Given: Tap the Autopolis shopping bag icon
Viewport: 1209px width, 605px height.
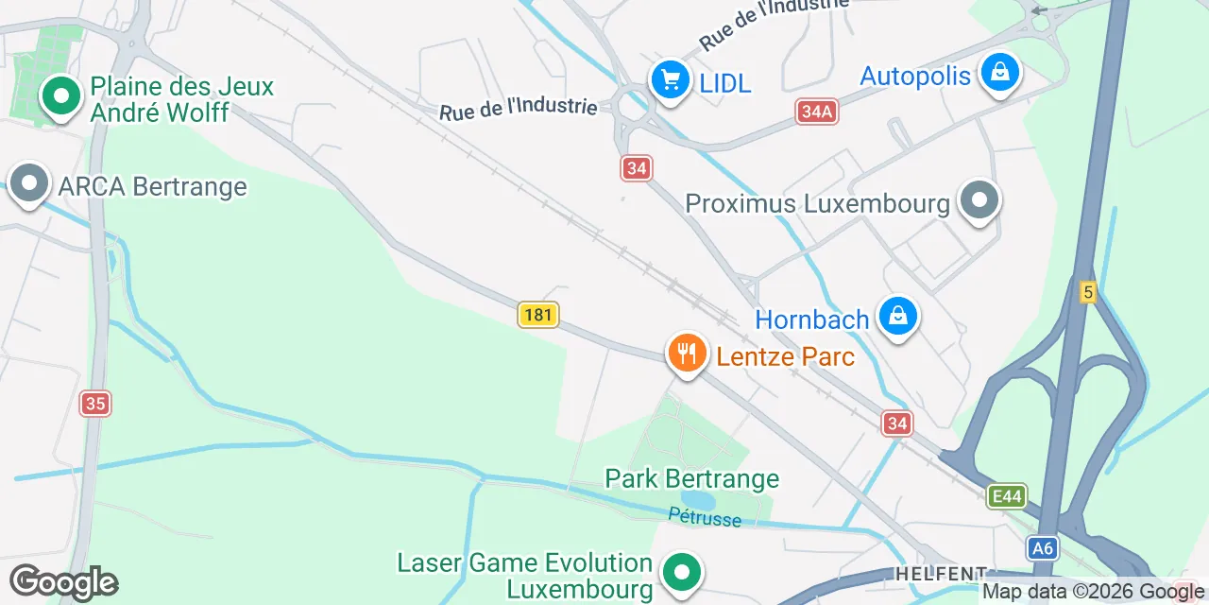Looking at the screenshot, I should (998, 72).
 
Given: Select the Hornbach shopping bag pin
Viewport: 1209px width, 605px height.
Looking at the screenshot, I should (897, 316).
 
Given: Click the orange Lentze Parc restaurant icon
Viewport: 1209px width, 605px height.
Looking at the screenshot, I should (687, 354).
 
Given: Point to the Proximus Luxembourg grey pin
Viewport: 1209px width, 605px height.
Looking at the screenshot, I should (979, 200).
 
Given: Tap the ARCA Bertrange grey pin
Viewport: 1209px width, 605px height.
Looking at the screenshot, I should (28, 182).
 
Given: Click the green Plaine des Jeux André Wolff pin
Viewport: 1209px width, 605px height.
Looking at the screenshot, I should (61, 95).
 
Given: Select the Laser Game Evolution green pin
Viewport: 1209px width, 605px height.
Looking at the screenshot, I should (680, 572).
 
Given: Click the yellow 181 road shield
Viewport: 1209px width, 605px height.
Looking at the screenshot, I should (538, 314).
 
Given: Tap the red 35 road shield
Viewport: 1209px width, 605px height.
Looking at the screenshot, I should (94, 404).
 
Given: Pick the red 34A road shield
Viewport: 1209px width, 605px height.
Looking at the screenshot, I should (817, 112).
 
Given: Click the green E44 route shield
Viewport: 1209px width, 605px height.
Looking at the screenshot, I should (1006, 495).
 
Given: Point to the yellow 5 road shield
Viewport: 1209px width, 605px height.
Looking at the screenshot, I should (1088, 293).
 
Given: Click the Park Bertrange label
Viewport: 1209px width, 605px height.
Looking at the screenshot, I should (691, 478).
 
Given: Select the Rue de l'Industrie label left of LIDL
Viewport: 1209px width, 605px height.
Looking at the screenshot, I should (519, 108).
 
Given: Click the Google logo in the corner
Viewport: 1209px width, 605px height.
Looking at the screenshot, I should (63, 583).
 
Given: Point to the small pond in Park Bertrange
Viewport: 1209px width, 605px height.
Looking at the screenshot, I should (699, 498).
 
